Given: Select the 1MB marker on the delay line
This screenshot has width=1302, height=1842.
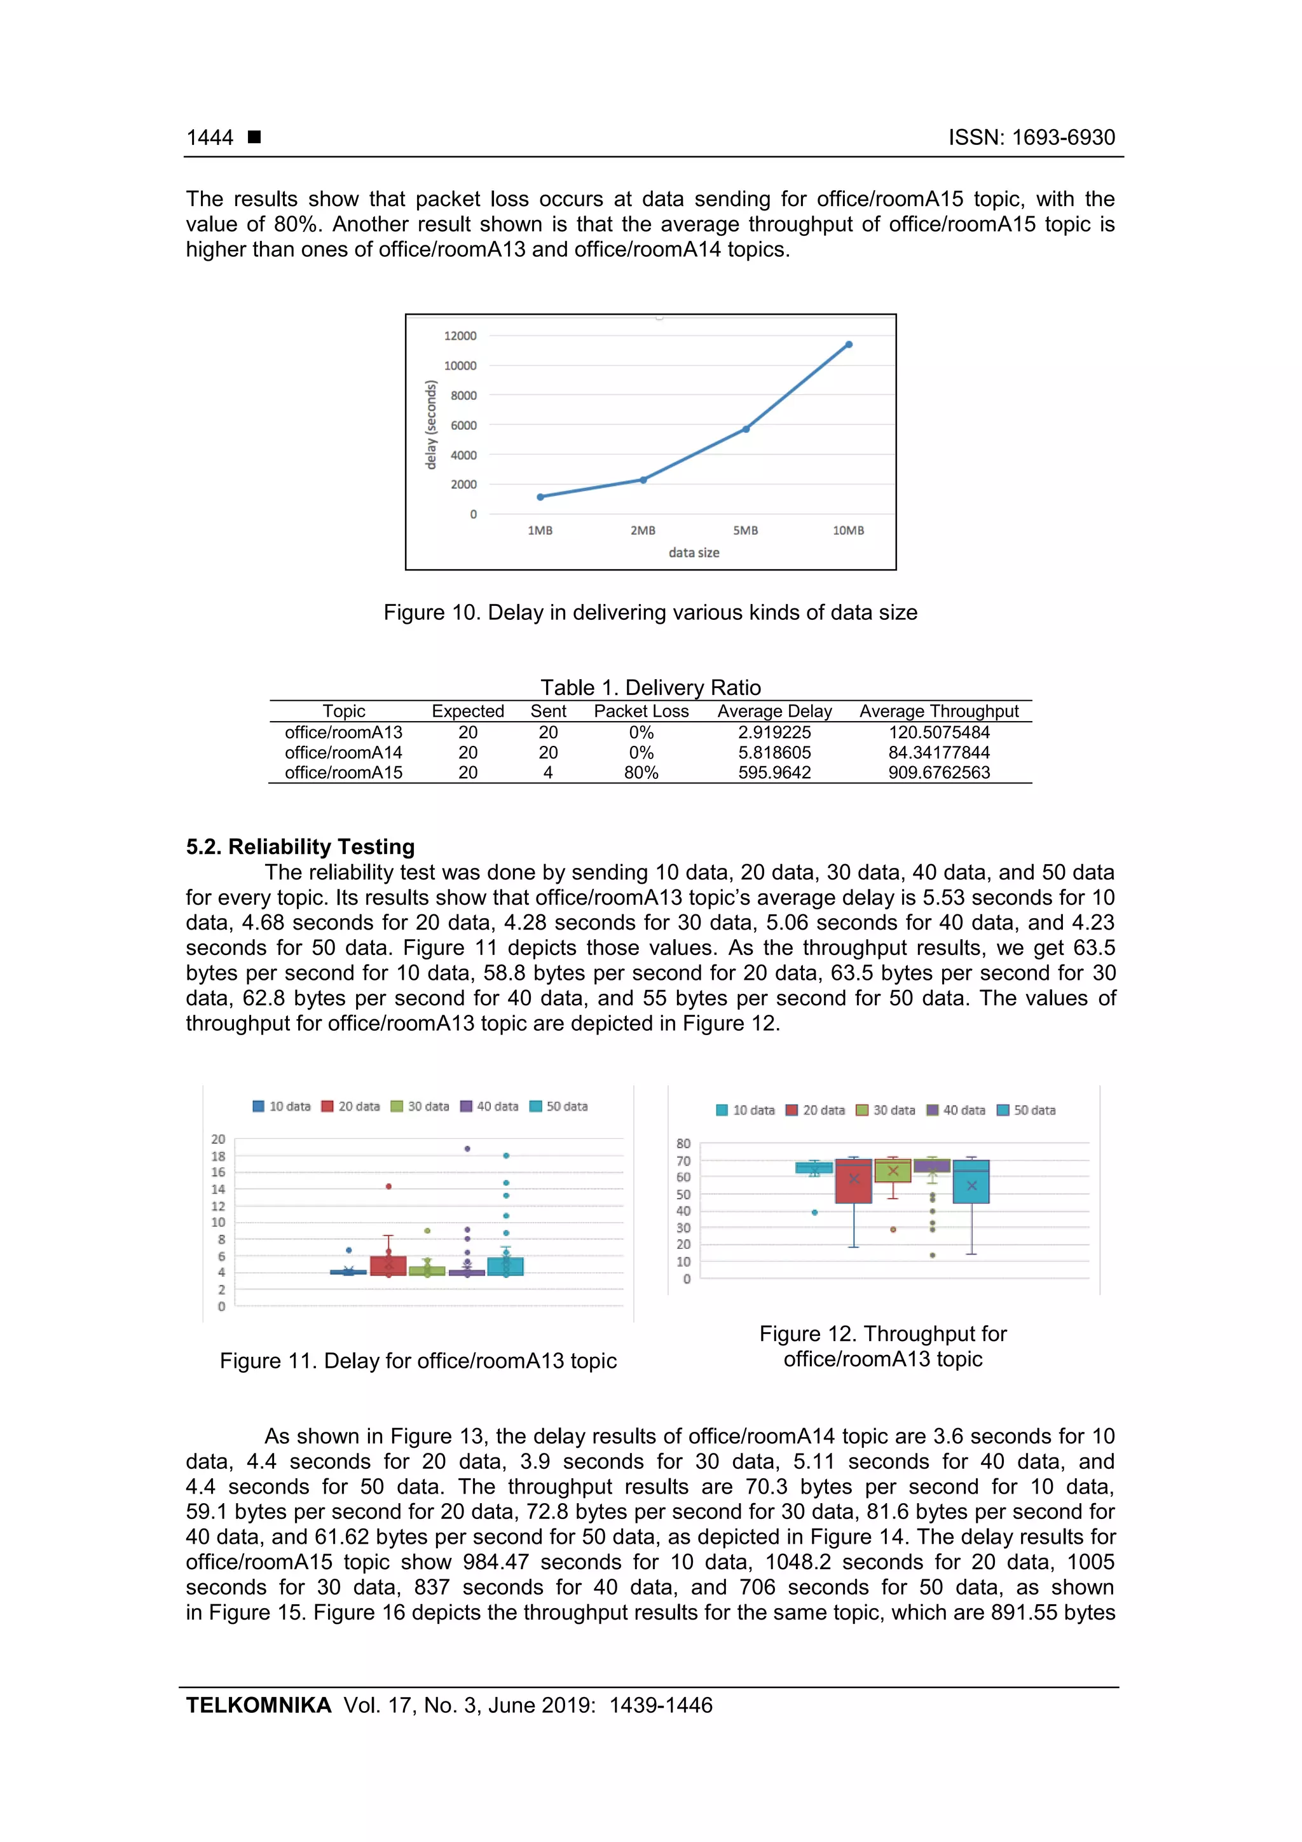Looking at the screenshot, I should pyautogui.click(x=540, y=497).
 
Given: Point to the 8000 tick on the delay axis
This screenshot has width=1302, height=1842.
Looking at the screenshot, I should pyautogui.click(x=463, y=395).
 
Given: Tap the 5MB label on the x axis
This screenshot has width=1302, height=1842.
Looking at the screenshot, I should pyautogui.click(x=745, y=530).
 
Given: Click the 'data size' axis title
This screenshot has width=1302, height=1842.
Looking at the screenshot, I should pyautogui.click(x=694, y=553).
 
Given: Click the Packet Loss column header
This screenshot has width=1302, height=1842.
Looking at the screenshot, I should pyautogui.click(x=641, y=711).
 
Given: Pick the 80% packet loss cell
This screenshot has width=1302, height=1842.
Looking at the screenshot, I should pyautogui.click(x=641, y=773).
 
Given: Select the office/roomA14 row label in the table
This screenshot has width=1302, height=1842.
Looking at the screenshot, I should pyautogui.click(x=343, y=753).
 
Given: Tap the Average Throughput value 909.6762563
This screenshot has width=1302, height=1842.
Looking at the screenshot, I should pyautogui.click(x=938, y=773).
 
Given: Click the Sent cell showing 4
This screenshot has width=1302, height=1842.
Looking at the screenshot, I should pyautogui.click(x=548, y=773).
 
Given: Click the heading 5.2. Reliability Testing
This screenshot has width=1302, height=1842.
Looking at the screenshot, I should pyautogui.click(x=300, y=846).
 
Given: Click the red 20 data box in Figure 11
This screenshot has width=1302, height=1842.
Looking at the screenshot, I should pyautogui.click(x=388, y=1265).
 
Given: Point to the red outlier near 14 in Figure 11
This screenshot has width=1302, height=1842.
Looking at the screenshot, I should pyautogui.click(x=388, y=1186).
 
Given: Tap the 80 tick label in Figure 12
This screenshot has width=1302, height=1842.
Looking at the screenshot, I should pyautogui.click(x=683, y=1143).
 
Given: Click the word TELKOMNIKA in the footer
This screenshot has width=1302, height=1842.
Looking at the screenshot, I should pyautogui.click(x=258, y=1705).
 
